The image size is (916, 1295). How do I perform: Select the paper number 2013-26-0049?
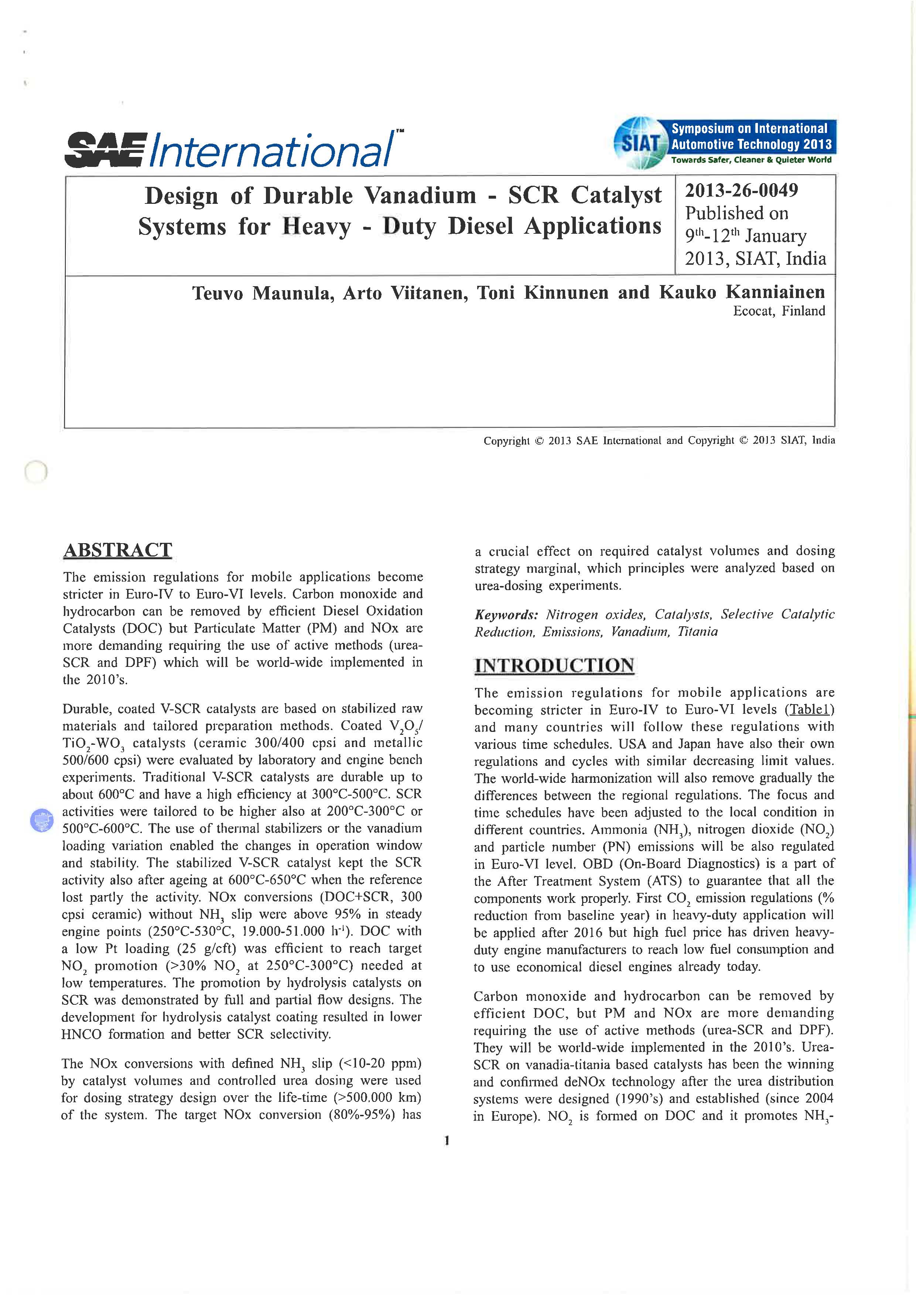point(741,191)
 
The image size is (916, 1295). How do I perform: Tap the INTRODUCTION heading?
point(554,665)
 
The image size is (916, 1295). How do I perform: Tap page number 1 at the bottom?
point(447,1141)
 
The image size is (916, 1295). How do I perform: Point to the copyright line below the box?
point(659,441)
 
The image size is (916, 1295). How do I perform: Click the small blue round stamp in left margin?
point(41,819)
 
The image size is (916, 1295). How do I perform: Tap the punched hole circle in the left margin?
point(35,472)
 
